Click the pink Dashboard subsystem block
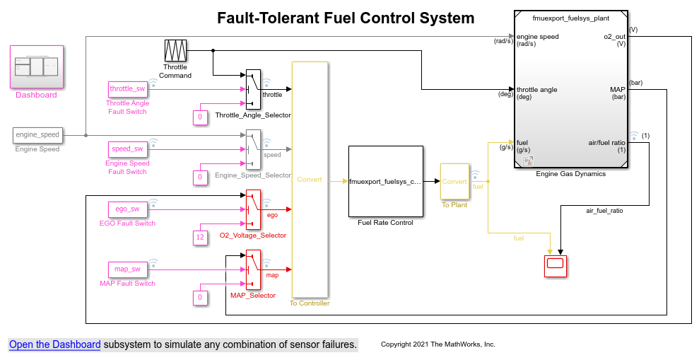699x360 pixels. pyautogui.click(x=37, y=66)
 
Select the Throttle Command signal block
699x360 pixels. pyautogui.click(x=175, y=50)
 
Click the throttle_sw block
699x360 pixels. pyautogui.click(x=127, y=88)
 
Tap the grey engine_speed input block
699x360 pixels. pyautogui.click(x=37, y=134)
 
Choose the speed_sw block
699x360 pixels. pyautogui.click(x=127, y=149)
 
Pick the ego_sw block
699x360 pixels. pyautogui.click(x=127, y=209)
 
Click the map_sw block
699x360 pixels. pyautogui.click(x=127, y=269)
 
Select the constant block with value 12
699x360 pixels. pyautogui.click(x=200, y=238)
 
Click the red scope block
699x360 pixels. pyautogui.click(x=556, y=265)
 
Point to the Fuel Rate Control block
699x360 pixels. pyautogui.click(x=385, y=181)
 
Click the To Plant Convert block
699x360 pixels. pyautogui.click(x=454, y=181)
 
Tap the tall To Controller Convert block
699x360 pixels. pyautogui.click(x=310, y=180)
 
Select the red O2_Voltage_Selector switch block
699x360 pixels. pyautogui.click(x=253, y=209)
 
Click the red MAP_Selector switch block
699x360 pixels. pyautogui.click(x=253, y=269)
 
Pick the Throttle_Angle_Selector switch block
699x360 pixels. pyautogui.click(x=253, y=89)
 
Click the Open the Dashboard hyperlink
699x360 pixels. pyautogui.click(x=54, y=344)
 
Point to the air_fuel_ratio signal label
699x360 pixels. pyautogui.click(x=604, y=210)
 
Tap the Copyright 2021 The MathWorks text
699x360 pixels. pyautogui.click(x=437, y=344)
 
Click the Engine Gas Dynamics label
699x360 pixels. pyautogui.click(x=570, y=174)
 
